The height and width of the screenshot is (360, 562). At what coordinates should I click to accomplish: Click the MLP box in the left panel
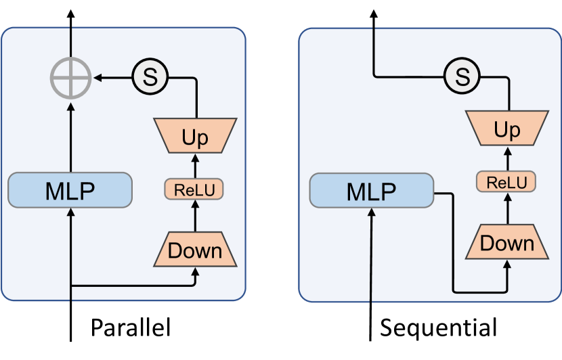coord(70,190)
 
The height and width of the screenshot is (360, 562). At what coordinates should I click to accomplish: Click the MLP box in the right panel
coord(371,191)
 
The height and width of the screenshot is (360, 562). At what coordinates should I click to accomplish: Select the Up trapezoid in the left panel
coord(195,135)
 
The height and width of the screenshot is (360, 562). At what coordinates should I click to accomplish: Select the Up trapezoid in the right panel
coord(506,129)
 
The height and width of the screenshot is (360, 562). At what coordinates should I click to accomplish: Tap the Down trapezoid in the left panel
coord(195,250)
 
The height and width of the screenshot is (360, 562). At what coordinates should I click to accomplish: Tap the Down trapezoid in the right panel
coord(506,243)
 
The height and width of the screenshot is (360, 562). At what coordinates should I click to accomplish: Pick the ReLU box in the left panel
coord(195,189)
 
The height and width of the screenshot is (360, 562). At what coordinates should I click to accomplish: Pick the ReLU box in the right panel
coord(506,182)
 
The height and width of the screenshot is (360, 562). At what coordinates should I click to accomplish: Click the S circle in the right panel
coord(462,77)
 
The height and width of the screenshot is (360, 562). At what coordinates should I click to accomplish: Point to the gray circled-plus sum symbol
coord(70,78)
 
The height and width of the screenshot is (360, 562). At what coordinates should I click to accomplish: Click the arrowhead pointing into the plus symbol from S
coord(98,78)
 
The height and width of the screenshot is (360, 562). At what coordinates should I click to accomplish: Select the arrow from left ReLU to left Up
coord(195,166)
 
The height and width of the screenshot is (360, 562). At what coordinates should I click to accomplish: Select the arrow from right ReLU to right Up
coord(506,158)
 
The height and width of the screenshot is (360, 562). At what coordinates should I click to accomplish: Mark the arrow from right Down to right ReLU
coord(506,209)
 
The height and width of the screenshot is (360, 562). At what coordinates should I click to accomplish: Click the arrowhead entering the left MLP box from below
coord(70,212)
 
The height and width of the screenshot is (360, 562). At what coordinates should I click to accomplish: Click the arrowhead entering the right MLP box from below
coord(372,213)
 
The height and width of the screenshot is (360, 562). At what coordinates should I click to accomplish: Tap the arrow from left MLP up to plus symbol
coord(70,135)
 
